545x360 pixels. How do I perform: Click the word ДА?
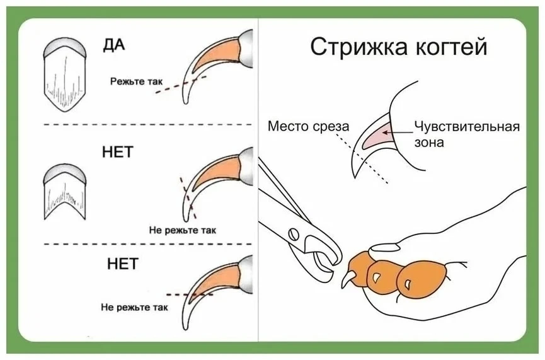(113, 45)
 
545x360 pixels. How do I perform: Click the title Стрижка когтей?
(398, 47)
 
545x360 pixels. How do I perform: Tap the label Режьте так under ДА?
(136, 82)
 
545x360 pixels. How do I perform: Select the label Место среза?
(308, 126)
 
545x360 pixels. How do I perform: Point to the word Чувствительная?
(467, 127)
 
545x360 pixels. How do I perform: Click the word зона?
(429, 142)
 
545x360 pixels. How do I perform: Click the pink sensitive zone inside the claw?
(377, 136)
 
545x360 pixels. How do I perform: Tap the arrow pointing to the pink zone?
(398, 132)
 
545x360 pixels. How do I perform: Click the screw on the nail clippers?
(294, 234)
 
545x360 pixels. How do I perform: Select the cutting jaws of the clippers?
(325, 253)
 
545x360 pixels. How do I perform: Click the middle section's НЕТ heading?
(118, 153)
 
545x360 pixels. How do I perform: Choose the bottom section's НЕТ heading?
(123, 264)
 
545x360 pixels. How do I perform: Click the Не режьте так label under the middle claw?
(183, 230)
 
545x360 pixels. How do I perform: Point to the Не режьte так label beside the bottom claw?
(134, 308)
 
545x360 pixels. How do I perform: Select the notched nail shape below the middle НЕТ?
(65, 192)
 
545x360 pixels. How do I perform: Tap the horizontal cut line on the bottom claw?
(190, 295)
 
